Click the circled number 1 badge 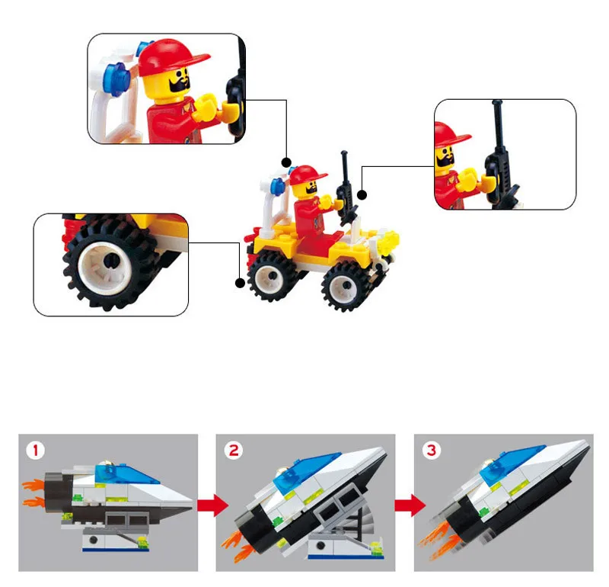pyautogui.click(x=35, y=451)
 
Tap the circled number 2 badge pyautogui.click(x=234, y=451)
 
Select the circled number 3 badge pyautogui.click(x=432, y=451)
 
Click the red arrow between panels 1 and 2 pyautogui.click(x=213, y=505)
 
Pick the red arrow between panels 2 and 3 pyautogui.click(x=410, y=505)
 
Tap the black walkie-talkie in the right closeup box pyautogui.click(x=500, y=159)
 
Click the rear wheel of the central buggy pyautogui.click(x=273, y=275)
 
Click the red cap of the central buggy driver pyautogui.click(x=307, y=175)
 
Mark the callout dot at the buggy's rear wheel pyautogui.click(x=240, y=283)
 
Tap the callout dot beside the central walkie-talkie pyautogui.click(x=362, y=194)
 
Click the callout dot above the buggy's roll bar pyautogui.click(x=287, y=162)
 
